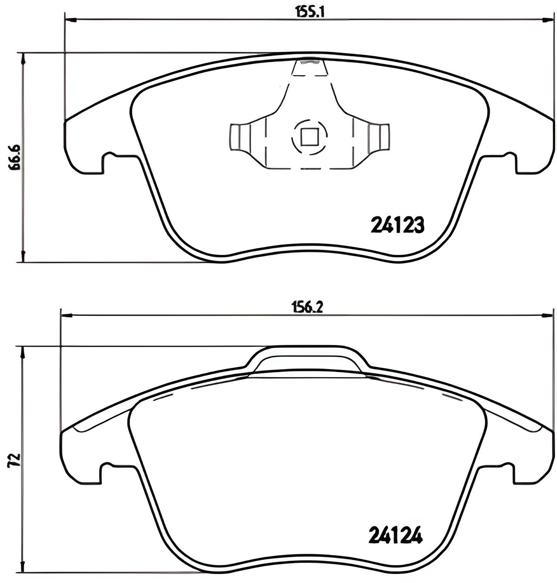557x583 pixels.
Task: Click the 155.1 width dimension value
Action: pyautogui.click(x=310, y=12)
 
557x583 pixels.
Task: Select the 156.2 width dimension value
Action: pyautogui.click(x=307, y=308)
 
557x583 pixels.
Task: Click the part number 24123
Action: pyautogui.click(x=397, y=225)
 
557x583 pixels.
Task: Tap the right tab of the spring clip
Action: pyautogui.click(x=382, y=137)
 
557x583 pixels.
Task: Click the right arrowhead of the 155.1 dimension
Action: pyautogui.click(x=548, y=19)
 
